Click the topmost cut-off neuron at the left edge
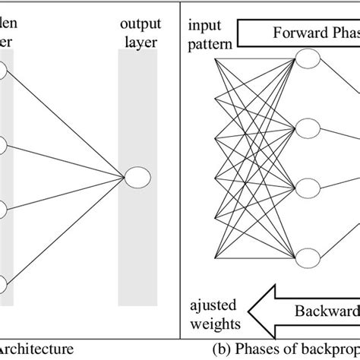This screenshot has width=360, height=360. click(x=3, y=70)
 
